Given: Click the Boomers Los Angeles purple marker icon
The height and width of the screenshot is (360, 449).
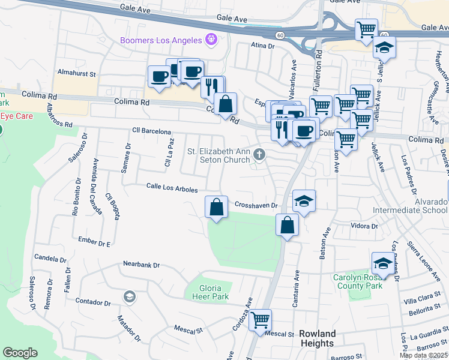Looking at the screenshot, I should point(210,40).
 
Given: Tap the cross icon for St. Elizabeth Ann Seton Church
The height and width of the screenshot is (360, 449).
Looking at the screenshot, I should point(259,155).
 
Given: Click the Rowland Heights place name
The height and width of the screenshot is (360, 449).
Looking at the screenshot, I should point(317,338).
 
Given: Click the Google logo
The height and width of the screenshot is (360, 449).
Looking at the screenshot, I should point(20,353).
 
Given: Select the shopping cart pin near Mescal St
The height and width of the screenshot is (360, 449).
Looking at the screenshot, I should point(260,320).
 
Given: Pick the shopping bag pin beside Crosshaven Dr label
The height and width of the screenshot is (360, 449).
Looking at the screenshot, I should point(217,207).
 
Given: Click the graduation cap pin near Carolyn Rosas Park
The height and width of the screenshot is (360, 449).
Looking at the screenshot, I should point(384,263).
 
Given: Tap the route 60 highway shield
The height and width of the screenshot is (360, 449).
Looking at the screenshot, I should point(280,35).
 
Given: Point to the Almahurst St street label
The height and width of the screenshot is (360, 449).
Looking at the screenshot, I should point(77,73).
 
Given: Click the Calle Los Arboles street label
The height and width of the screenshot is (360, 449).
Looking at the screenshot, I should point(172,188).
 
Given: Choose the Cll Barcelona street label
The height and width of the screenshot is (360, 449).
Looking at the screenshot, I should point(152,131).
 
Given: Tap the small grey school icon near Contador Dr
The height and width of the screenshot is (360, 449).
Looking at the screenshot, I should point(129,296).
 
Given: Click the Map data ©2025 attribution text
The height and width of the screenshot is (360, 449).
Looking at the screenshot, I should point(423,355).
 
